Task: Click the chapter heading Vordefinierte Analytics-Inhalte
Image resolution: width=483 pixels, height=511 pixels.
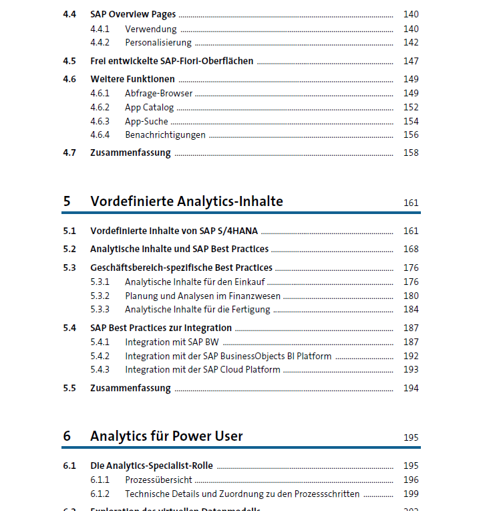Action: coord(186,201)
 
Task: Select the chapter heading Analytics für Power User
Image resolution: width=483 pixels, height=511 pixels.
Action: coord(166,436)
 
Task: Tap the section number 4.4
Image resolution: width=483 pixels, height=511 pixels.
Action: coord(69,14)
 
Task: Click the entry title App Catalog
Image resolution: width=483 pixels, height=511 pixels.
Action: coord(149,107)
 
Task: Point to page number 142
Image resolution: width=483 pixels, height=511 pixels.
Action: coord(411,43)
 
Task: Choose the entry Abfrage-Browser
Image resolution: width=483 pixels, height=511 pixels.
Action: coord(158,93)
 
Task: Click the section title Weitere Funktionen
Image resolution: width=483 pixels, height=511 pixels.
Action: coord(132,79)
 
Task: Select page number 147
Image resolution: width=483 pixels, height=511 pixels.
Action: coord(411,61)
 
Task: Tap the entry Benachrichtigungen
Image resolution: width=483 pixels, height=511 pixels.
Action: coord(165,134)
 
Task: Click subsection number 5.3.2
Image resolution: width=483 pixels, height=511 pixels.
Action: coord(100,296)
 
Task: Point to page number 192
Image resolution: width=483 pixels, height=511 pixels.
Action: coord(411,356)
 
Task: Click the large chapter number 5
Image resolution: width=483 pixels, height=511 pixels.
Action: coord(67,201)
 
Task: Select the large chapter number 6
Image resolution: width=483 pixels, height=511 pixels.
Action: coord(67,436)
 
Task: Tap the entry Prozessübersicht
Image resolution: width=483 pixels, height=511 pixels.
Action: coord(158,480)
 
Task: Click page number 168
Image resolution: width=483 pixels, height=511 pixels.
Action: coord(411,249)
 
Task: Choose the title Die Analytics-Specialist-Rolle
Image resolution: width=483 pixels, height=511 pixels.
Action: coord(152,466)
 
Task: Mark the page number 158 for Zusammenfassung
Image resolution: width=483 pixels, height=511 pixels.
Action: coord(411,152)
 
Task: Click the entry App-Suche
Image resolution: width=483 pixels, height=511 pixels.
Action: coord(146,121)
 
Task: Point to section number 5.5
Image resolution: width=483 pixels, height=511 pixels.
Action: coord(69,388)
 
